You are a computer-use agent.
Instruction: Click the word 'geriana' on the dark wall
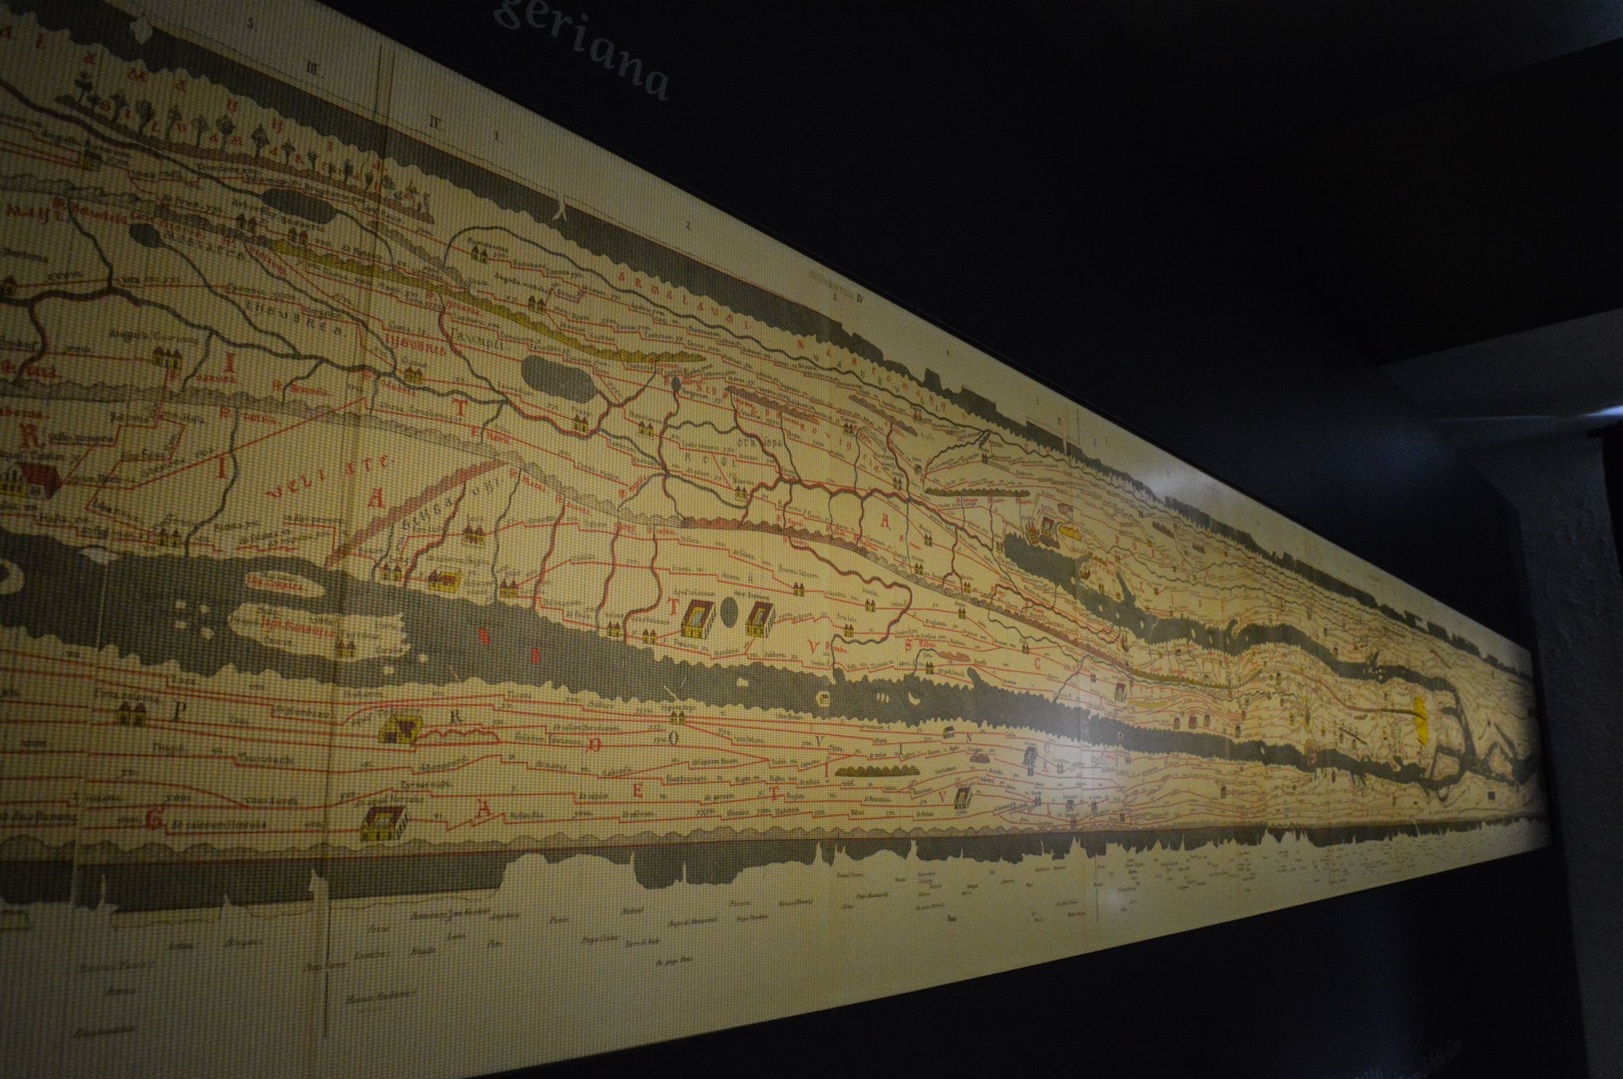pos(582,48)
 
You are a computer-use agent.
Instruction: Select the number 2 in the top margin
pos(689,226)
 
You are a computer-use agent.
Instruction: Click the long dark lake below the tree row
pos(295,209)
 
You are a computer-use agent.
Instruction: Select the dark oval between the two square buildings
pos(731,617)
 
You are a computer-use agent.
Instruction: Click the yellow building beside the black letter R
pos(401,727)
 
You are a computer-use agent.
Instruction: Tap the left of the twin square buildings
pos(697,619)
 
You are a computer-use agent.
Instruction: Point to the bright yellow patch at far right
pos(1420,717)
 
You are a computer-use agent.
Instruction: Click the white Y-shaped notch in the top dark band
pos(563,208)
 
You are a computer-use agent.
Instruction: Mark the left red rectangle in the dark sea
pos(481,635)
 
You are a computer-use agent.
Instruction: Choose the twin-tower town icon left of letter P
pos(132,712)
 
